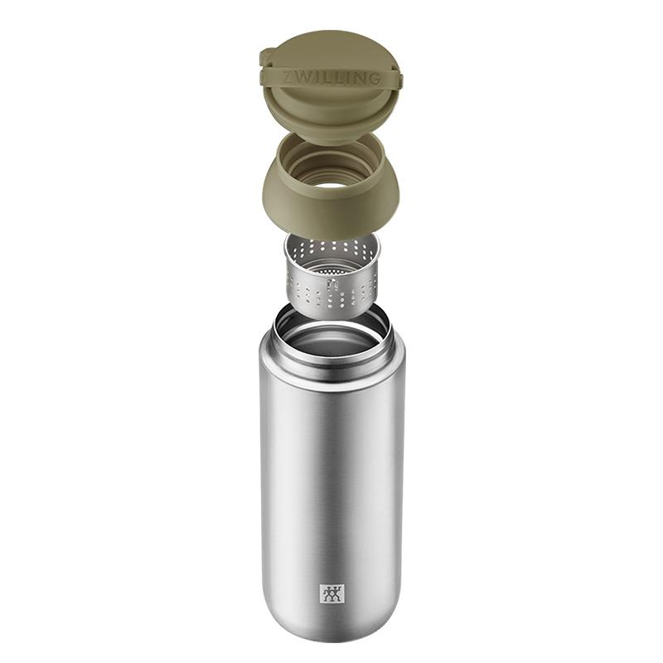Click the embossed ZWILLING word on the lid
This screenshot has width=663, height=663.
[331, 78]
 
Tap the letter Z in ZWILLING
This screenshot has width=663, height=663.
[287, 76]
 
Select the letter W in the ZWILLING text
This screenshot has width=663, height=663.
[301, 77]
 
